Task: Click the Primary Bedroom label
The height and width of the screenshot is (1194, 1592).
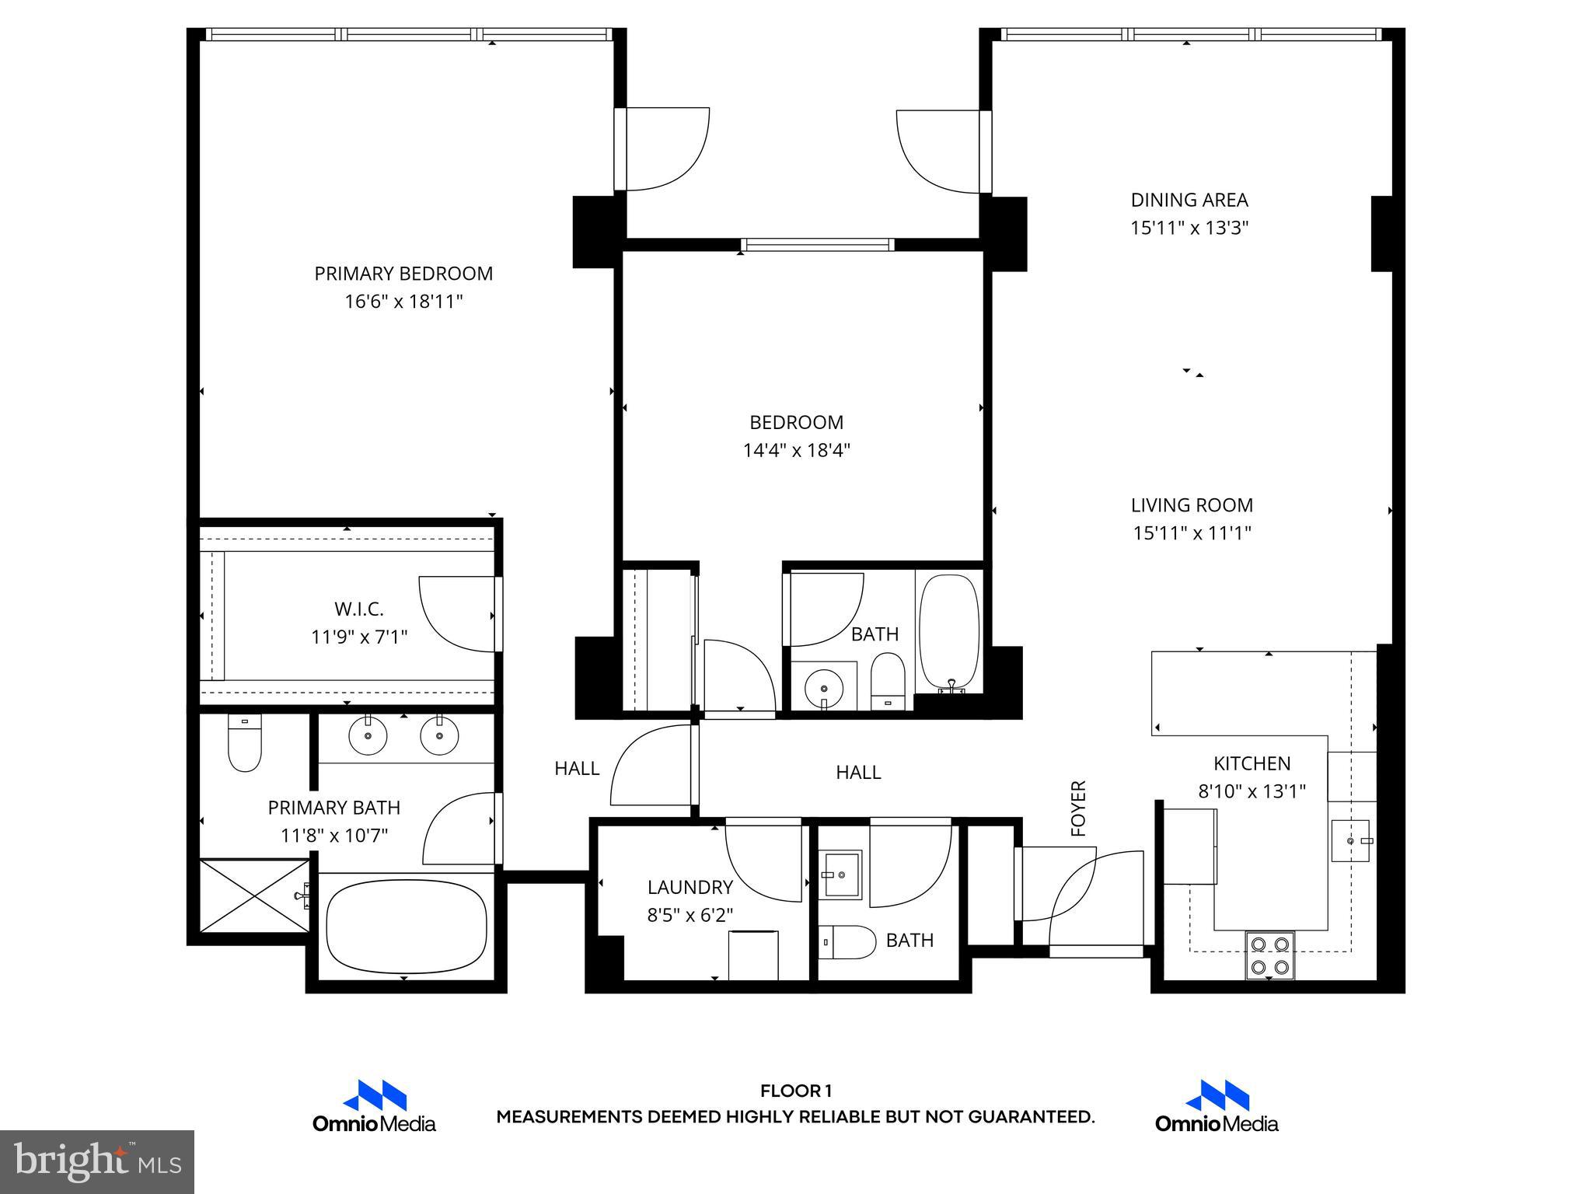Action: (x=403, y=274)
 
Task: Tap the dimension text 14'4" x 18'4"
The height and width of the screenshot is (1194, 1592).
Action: (x=797, y=451)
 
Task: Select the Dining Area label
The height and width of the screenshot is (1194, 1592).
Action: (x=1189, y=201)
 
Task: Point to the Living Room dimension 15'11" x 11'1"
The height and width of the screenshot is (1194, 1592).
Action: (x=1192, y=533)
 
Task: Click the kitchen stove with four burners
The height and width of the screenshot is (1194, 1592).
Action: (x=1269, y=955)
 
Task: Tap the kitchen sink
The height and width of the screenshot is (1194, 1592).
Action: (x=1351, y=841)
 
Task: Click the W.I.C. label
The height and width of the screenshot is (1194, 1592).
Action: (x=359, y=609)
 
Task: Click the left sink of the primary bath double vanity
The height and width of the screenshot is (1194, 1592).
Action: (x=368, y=735)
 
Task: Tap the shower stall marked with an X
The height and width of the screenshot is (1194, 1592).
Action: (x=255, y=895)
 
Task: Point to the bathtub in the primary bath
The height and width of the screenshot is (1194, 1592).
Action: (x=407, y=926)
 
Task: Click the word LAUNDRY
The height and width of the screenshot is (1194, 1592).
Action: (x=690, y=887)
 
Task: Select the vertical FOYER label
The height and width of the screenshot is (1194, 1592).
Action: (x=1078, y=808)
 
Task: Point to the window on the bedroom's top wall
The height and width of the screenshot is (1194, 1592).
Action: (x=817, y=245)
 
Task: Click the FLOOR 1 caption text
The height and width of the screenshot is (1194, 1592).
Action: (x=796, y=1091)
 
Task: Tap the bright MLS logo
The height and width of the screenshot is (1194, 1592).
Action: (x=97, y=1161)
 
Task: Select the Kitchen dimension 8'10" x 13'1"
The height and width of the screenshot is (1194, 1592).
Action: (x=1252, y=792)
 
